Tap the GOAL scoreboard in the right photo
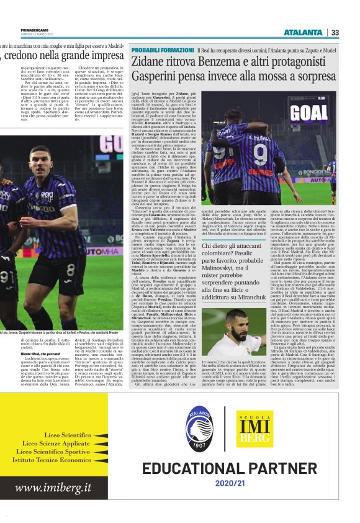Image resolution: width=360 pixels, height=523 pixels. click(x=308, y=112)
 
